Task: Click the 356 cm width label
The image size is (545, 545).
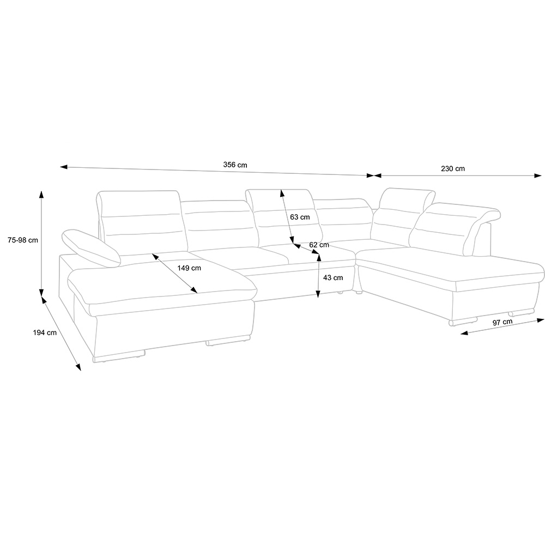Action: (x=235, y=165)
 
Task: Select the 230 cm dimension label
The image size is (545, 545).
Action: (x=452, y=169)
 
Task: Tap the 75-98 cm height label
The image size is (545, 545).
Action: (x=20, y=240)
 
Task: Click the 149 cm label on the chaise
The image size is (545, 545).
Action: (x=189, y=268)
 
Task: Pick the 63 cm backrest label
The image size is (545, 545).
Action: (x=300, y=217)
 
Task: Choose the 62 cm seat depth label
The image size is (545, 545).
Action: (x=319, y=245)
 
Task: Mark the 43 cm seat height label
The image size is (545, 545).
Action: (x=333, y=277)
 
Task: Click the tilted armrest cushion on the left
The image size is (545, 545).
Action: (x=91, y=248)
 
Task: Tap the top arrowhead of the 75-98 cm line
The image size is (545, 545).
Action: (x=41, y=193)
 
